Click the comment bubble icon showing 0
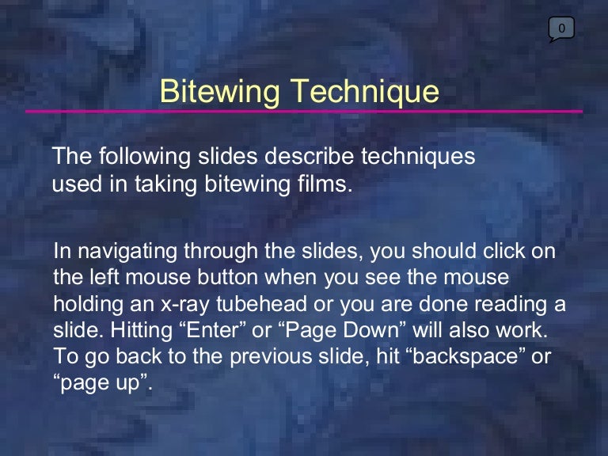[561, 29]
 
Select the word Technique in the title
[365, 92]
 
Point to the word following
[144, 156]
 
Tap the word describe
[309, 156]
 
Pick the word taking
[165, 184]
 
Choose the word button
[228, 277]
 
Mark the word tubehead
[262, 303]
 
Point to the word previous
[271, 357]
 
